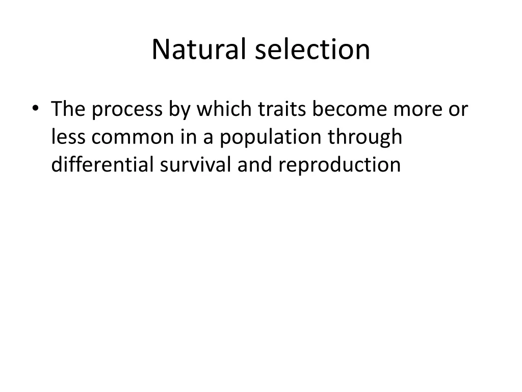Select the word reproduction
click(x=340, y=166)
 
